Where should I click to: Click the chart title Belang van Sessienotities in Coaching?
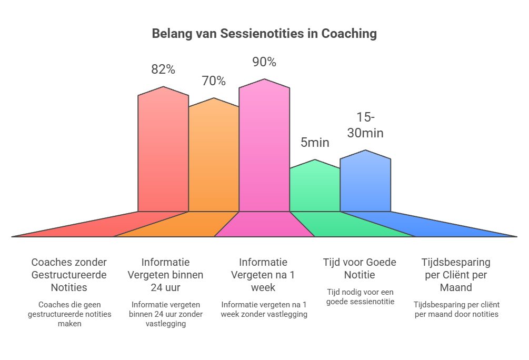pyautogui.click(x=264, y=34)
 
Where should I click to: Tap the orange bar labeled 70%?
pyautogui.click(x=214, y=158)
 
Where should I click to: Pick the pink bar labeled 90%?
pyautogui.click(x=264, y=147)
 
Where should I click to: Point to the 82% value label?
pyautogui.click(x=163, y=69)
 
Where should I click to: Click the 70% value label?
pyautogui.click(x=214, y=81)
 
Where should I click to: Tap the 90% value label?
pyautogui.click(x=264, y=62)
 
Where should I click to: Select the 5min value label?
pyautogui.click(x=315, y=142)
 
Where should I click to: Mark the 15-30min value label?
pyautogui.click(x=365, y=125)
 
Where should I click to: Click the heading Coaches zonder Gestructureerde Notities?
pyautogui.click(x=69, y=274)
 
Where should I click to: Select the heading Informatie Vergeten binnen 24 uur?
pyautogui.click(x=166, y=274)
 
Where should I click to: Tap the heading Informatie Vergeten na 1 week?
pyautogui.click(x=263, y=274)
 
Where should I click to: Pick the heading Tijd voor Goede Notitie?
pyautogui.click(x=360, y=268)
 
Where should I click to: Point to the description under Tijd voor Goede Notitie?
pyautogui.click(x=360, y=296)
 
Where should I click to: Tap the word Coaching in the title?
pyautogui.click(x=350, y=34)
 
